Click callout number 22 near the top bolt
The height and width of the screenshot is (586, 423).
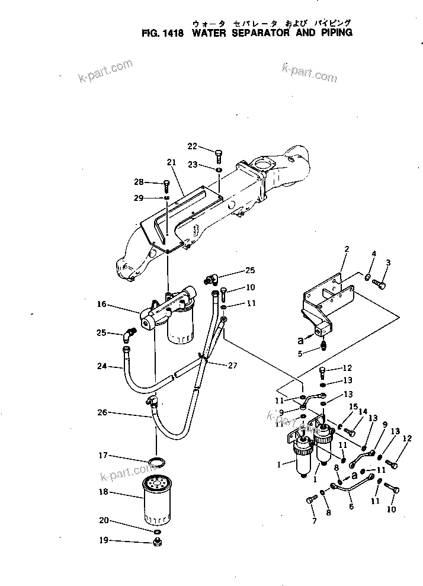pyautogui.click(x=193, y=146)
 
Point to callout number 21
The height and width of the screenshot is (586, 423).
pyautogui.click(x=172, y=162)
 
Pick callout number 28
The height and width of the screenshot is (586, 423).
pyautogui.click(x=139, y=182)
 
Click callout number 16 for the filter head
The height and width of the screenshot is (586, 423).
pyautogui.click(x=102, y=305)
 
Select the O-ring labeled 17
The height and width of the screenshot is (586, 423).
pyautogui.click(x=158, y=462)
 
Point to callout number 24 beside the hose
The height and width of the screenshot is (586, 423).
pyautogui.click(x=102, y=367)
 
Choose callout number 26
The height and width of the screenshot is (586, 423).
pyautogui.click(x=102, y=412)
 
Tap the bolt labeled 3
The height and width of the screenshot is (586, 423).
pyautogui.click(x=380, y=286)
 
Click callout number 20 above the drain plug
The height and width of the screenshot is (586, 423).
pyautogui.click(x=104, y=521)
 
